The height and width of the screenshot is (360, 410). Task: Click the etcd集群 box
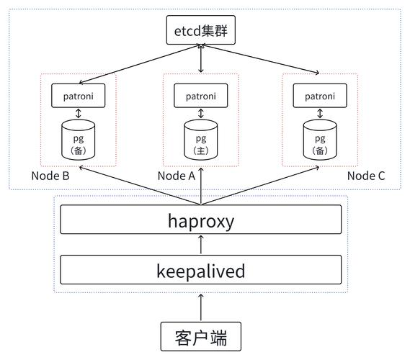click(x=201, y=30)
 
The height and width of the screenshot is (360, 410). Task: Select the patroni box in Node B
click(x=79, y=96)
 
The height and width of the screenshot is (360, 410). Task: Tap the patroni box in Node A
click(x=201, y=96)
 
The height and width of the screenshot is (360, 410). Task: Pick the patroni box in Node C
click(x=320, y=96)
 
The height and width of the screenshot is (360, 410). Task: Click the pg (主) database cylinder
click(x=201, y=140)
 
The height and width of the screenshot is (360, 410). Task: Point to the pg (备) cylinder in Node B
click(x=79, y=140)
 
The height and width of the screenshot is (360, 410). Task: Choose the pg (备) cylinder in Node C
click(x=320, y=140)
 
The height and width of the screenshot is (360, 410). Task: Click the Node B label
click(x=50, y=176)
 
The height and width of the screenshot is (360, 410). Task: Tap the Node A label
click(x=177, y=176)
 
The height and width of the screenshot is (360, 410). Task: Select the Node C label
click(x=366, y=176)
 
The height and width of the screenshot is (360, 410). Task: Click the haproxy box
click(x=201, y=220)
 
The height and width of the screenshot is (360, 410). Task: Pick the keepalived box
click(x=201, y=269)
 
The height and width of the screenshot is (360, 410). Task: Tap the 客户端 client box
click(x=201, y=336)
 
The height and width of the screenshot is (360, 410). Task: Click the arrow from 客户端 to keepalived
click(x=201, y=307)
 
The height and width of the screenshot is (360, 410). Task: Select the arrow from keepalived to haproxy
click(x=201, y=245)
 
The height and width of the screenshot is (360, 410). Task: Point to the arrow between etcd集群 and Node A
click(x=201, y=58)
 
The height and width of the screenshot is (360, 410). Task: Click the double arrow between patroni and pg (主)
click(x=201, y=114)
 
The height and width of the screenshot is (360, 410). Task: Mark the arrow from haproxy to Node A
click(x=201, y=186)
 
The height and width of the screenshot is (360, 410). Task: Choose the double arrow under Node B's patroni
click(x=79, y=114)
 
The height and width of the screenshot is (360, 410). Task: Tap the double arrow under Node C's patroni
click(x=320, y=114)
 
